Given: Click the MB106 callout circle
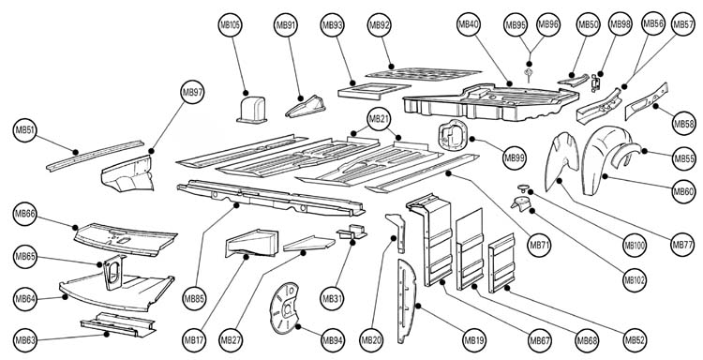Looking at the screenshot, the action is click(231, 25).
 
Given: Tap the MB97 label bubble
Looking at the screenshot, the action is click(192, 93).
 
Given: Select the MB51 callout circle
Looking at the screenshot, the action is click(24, 130).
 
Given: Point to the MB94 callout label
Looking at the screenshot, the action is click(332, 340).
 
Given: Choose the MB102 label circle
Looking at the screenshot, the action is click(635, 280).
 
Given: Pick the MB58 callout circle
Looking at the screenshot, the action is click(684, 123).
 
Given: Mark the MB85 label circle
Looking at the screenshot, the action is click(194, 298).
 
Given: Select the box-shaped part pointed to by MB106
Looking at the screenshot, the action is click(251, 110).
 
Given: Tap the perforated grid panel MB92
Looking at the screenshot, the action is click(424, 74).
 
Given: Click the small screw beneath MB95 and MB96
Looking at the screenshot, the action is click(529, 74).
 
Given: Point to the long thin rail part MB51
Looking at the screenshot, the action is click(95, 155).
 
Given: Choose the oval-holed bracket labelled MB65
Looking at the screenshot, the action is click(113, 272).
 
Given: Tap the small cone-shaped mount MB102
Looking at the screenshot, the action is click(520, 203).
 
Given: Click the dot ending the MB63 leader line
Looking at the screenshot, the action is click(106, 334).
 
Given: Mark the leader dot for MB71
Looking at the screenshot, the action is click(448, 172).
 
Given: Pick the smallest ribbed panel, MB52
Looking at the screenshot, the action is click(501, 262).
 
